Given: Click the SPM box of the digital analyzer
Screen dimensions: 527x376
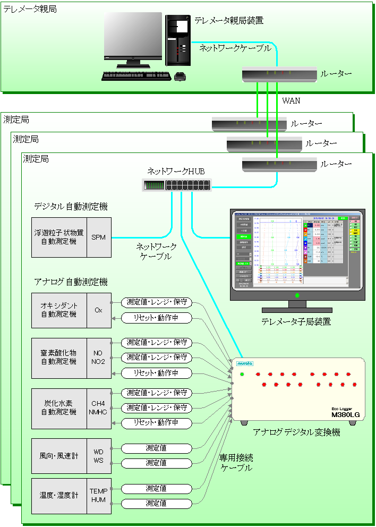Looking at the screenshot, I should (x=99, y=237).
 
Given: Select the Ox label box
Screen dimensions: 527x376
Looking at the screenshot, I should (x=99, y=310).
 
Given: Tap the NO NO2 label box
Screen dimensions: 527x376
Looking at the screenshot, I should (x=99, y=358).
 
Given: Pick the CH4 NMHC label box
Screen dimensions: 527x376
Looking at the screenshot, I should (x=99, y=408).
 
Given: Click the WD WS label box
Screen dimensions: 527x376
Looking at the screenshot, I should (x=99, y=456).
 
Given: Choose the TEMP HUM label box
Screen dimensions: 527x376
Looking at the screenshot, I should (x=99, y=496).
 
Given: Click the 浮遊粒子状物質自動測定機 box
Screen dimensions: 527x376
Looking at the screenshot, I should (x=59, y=237).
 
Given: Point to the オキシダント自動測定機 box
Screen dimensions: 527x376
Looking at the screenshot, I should (x=59, y=310).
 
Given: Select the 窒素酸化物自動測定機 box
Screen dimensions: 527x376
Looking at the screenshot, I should (x=59, y=358).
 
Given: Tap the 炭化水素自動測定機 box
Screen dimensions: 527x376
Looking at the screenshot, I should (x=59, y=408).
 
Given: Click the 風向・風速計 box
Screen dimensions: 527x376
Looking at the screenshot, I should (x=59, y=456).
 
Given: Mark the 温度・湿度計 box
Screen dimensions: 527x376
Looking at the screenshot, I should (x=59, y=496).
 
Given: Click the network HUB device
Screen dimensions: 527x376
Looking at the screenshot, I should (x=177, y=185).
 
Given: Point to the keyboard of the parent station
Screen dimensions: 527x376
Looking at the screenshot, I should (x=135, y=76).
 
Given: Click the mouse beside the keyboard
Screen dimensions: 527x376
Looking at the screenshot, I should (x=180, y=76).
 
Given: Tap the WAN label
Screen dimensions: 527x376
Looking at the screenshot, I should (x=291, y=100).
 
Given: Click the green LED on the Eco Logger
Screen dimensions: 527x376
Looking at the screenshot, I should (x=242, y=375).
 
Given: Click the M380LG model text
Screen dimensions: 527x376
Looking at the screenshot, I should (x=346, y=414).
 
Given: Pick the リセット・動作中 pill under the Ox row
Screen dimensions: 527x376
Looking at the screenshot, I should (x=156, y=318).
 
